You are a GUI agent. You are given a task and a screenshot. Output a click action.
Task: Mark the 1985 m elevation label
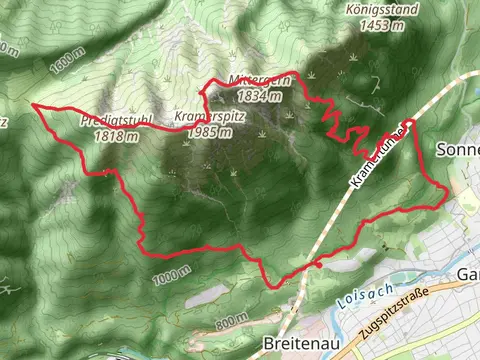pos(209,131)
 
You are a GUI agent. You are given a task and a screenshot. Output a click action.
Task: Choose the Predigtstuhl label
pos(116,120)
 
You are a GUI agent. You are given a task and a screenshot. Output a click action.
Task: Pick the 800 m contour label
pos(229,320)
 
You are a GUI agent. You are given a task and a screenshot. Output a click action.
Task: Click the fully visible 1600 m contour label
pos(58,63)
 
